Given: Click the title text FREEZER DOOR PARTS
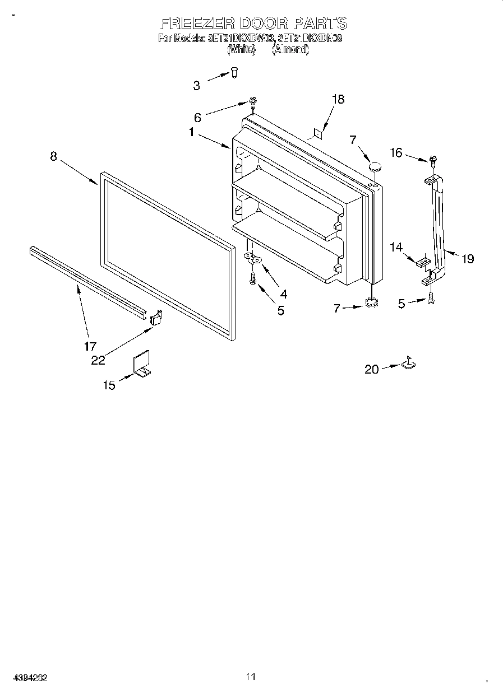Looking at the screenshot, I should (x=253, y=24).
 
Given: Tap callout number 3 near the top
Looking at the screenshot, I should (x=196, y=86).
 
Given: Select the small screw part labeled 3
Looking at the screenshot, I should (x=234, y=72).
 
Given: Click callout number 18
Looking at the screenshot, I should (x=338, y=99).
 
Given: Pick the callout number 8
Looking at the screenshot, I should (x=53, y=156).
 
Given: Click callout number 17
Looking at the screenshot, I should (x=90, y=346).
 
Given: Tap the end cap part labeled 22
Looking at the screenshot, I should (x=156, y=318).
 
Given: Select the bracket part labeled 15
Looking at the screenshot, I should (x=142, y=365).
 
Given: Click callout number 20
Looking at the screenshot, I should (x=372, y=369).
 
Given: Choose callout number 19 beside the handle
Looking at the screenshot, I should (x=467, y=259).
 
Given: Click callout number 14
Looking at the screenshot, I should (x=397, y=246).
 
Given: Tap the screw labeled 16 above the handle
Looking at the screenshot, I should (x=432, y=161).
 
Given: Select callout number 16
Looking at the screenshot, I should (x=396, y=152).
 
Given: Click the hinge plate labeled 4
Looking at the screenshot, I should (x=254, y=258).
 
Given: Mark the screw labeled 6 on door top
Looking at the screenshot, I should (x=253, y=103).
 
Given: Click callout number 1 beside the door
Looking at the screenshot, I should (x=192, y=133).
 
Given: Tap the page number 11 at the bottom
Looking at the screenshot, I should (x=251, y=677).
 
